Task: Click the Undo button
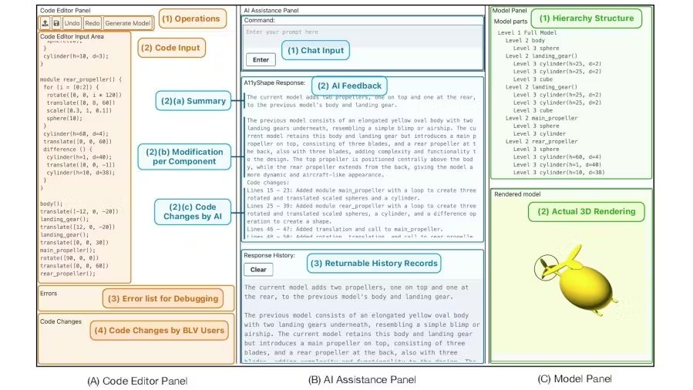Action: coord(72,24)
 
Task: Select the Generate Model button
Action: coord(128,24)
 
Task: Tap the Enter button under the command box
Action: coord(260,59)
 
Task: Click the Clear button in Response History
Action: coord(258,270)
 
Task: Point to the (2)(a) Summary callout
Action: coord(192,100)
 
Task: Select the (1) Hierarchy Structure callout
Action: coord(587,18)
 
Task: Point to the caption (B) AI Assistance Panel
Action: coord(362,379)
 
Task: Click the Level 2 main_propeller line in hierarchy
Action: coord(538,118)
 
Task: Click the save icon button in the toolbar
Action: coord(57,24)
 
